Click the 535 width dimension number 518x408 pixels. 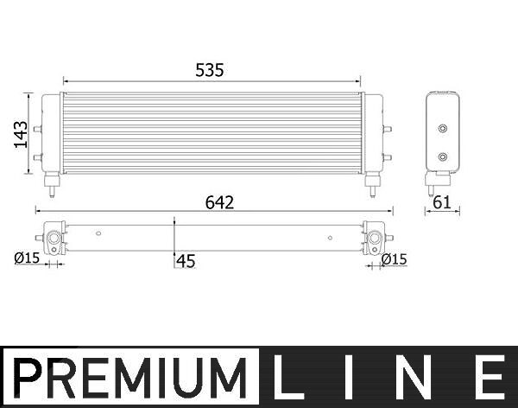tap(210, 70)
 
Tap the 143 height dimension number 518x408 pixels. tap(21, 134)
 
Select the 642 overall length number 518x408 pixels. tap(219, 202)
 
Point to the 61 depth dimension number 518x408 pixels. tap(442, 202)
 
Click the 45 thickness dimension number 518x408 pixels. tap(186, 261)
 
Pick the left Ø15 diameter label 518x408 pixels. tap(27, 258)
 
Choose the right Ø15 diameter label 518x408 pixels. tap(395, 259)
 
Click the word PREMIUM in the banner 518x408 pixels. tap(130, 378)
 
